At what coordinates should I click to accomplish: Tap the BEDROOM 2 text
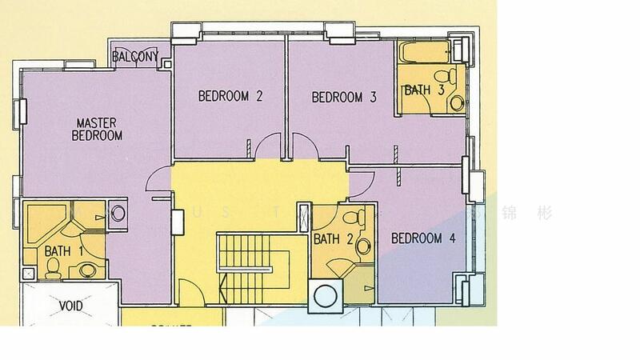coord(230,97)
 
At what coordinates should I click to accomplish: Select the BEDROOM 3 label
coord(343,97)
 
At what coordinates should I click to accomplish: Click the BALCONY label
coord(134,58)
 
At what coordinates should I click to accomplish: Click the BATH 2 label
coord(333,238)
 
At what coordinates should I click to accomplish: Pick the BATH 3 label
coord(423,90)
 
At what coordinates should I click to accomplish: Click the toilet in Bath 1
coord(53,271)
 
